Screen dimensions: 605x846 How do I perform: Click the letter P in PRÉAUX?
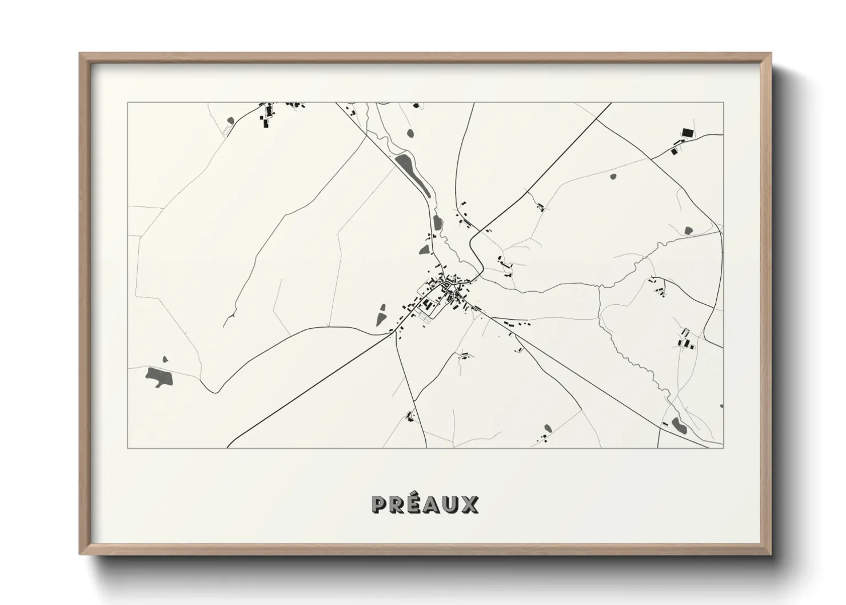click(380, 504)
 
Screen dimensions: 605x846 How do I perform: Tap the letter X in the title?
click(470, 504)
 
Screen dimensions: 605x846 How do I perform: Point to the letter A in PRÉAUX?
click(433, 504)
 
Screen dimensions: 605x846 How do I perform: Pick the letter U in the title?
click(452, 504)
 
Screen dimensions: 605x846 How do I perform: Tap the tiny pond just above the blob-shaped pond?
click(166, 359)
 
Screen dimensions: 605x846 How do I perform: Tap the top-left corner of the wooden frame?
click(81, 54)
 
